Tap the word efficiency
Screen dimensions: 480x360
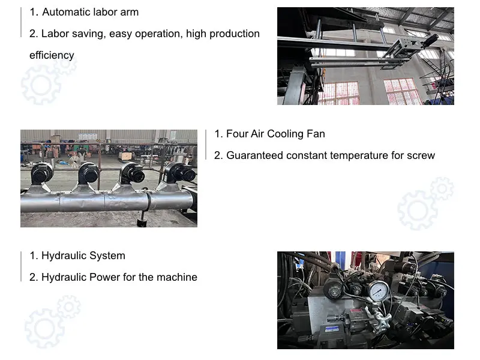pyautogui.click(x=52, y=55)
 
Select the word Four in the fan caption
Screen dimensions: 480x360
pyautogui.click(x=236, y=134)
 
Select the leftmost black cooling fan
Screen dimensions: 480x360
pyautogui.click(x=42, y=174)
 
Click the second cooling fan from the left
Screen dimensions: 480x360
pyautogui.click(x=89, y=173)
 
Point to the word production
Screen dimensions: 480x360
pyautogui.click(x=235, y=34)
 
